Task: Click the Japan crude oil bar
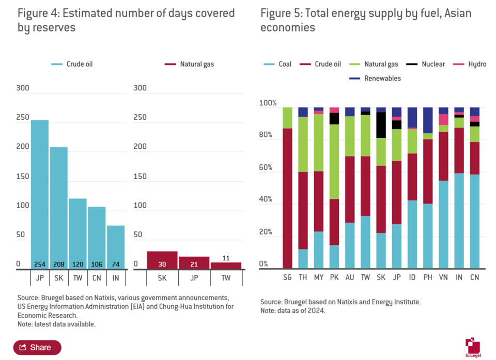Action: click(x=40, y=194)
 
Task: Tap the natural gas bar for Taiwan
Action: click(x=226, y=265)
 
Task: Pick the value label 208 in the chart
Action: click(x=59, y=264)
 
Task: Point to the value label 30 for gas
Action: click(x=162, y=264)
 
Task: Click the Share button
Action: click(x=37, y=348)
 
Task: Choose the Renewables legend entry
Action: click(x=377, y=79)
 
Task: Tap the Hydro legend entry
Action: click(x=471, y=64)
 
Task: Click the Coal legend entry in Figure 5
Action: click(x=278, y=64)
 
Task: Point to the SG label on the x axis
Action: click(x=288, y=277)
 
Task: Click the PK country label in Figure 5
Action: click(x=334, y=277)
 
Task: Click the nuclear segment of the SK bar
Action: click(x=381, y=125)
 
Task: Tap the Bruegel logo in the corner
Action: click(x=473, y=347)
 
